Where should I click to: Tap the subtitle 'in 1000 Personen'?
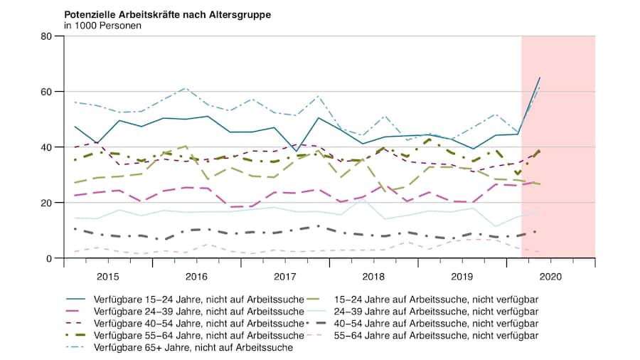[x=102, y=26]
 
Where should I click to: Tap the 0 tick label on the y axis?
[x=51, y=258]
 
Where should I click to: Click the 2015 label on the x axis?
[x=108, y=275]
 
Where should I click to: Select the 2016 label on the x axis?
[x=196, y=275]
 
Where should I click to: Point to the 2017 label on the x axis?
[x=285, y=275]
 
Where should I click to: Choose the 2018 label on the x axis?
[x=373, y=275]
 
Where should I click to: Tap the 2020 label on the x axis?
[x=550, y=275]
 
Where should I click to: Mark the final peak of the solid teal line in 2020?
[x=540, y=78]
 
